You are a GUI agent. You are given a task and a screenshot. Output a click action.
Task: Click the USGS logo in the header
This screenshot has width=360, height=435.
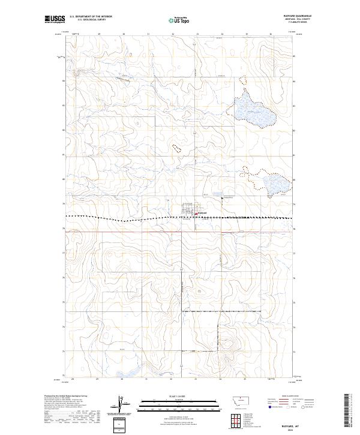55,20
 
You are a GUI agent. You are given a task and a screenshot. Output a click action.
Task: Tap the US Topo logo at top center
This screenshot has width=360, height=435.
181,20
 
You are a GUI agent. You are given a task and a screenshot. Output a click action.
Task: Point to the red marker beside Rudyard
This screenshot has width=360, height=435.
196,212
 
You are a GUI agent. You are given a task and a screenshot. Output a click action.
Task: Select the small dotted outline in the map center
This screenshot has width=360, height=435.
176,146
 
